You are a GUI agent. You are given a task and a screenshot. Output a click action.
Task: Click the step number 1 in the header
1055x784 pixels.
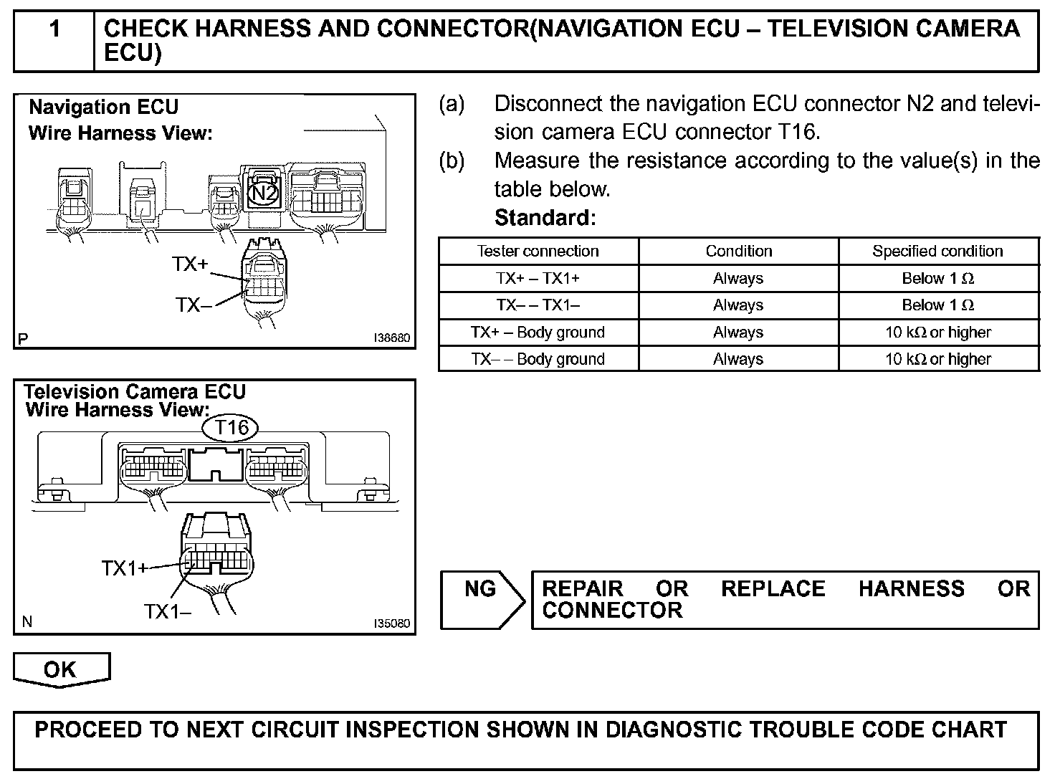click(x=54, y=29)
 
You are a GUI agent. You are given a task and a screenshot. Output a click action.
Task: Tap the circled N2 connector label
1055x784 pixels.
click(x=263, y=192)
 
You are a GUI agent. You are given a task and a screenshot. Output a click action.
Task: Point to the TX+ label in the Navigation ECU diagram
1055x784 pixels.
click(x=190, y=264)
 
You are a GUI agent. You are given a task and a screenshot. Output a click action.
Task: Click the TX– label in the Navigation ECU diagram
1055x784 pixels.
click(x=194, y=305)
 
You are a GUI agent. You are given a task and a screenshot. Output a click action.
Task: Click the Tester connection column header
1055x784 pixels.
click(x=538, y=251)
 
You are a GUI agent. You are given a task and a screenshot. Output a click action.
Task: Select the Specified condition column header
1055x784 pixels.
click(x=937, y=251)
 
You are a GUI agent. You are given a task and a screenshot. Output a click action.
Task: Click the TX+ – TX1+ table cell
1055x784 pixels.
click(x=538, y=278)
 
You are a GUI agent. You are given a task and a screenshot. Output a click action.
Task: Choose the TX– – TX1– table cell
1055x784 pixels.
click(x=538, y=305)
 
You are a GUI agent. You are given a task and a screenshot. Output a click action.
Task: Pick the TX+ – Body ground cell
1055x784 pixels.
click(x=538, y=333)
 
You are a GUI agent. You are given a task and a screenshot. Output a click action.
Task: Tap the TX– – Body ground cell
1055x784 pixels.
click(x=538, y=359)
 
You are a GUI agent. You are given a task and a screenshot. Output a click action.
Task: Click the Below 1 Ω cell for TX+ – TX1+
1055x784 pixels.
click(x=937, y=278)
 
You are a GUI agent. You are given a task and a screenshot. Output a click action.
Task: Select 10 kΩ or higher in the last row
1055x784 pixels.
click(x=937, y=359)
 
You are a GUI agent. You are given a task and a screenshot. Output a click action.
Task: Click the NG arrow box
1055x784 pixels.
click(x=481, y=599)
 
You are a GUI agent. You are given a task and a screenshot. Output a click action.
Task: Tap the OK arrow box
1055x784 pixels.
click(x=61, y=670)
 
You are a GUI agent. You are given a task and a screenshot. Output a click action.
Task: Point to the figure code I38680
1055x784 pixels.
click(x=392, y=338)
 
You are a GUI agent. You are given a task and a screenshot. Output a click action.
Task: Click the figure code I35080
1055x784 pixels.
click(x=392, y=623)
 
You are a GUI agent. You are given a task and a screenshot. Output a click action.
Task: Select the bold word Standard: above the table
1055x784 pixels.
click(x=545, y=217)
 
